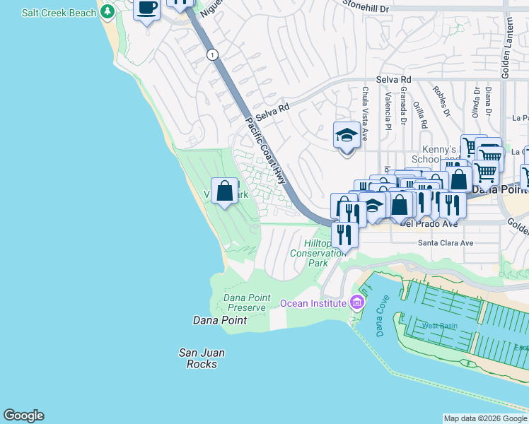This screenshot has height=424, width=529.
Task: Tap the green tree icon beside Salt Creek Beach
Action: [x=107, y=11]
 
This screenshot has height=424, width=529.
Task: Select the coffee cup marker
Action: [x=147, y=9]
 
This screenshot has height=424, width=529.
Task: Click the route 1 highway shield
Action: [x=211, y=54]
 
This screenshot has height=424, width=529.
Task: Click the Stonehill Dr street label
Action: [x=366, y=6]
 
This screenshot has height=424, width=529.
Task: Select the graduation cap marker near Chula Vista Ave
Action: [x=347, y=134]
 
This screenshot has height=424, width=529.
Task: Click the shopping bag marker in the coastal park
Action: [x=224, y=191]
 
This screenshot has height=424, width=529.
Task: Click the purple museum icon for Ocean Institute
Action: [x=356, y=303]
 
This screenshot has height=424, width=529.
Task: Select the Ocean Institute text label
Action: [x=313, y=303]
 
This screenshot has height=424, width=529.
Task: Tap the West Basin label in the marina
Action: [x=440, y=326]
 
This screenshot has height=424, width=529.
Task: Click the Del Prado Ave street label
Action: [x=428, y=224]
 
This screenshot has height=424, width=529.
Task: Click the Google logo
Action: [x=23, y=416]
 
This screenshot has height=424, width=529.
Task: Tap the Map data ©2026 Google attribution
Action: [x=485, y=418]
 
